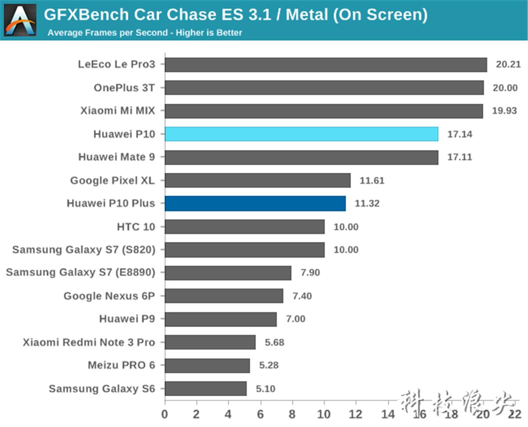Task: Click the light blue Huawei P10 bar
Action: (301, 134)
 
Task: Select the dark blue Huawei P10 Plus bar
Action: (255, 204)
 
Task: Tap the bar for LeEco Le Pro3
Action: (326, 64)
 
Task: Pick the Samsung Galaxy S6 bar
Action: (205, 389)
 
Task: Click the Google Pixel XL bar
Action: (257, 180)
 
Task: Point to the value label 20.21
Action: (508, 64)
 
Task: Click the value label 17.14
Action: (460, 134)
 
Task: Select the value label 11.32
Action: (367, 204)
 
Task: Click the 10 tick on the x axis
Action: (324, 414)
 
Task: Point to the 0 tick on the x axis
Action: (165, 414)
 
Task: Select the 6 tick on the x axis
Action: (260, 414)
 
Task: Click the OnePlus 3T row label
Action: (124, 88)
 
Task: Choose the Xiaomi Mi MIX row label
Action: (117, 111)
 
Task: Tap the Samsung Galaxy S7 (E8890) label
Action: (81, 273)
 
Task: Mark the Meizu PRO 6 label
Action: (121, 365)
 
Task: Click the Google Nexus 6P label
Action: (109, 296)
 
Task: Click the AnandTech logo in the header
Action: (20, 20)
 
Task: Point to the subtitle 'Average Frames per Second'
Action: (107, 33)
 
